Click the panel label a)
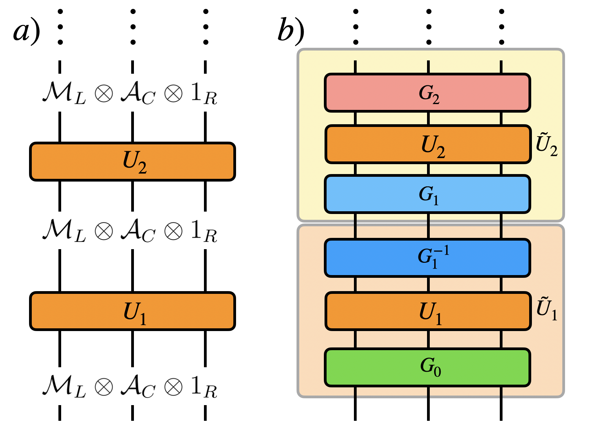pos(27,32)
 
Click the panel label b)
pos(291,30)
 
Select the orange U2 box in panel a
pos(133,161)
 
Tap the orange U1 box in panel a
pos(133,311)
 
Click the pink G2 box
pos(427,92)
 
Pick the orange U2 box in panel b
pos(428,144)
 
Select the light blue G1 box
pos(427,194)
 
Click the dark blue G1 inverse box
pos(427,258)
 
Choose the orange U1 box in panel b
pos(428,311)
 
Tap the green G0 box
pos(427,367)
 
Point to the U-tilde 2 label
pos(547,145)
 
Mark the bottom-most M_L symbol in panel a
pos(64,387)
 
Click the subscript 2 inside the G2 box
pos(436,99)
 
